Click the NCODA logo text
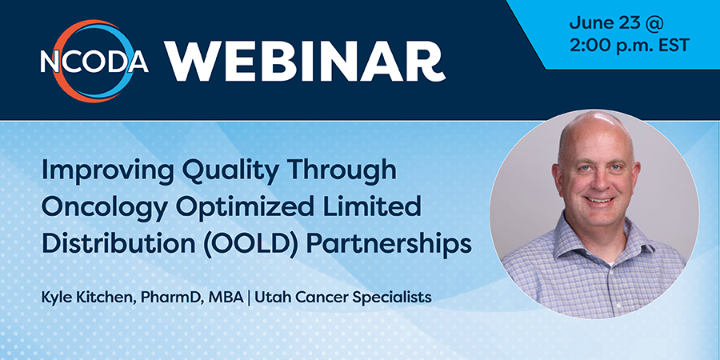pyautogui.click(x=94, y=61)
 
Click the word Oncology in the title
pyautogui.click(x=105, y=207)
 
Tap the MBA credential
pyautogui.click(x=226, y=297)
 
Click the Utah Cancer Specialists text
pyautogui.click(x=342, y=298)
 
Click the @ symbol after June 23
pyautogui.click(x=653, y=23)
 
